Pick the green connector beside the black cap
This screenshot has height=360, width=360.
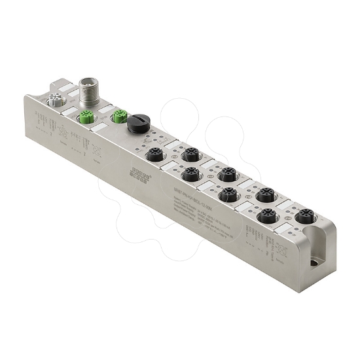point(118,117)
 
